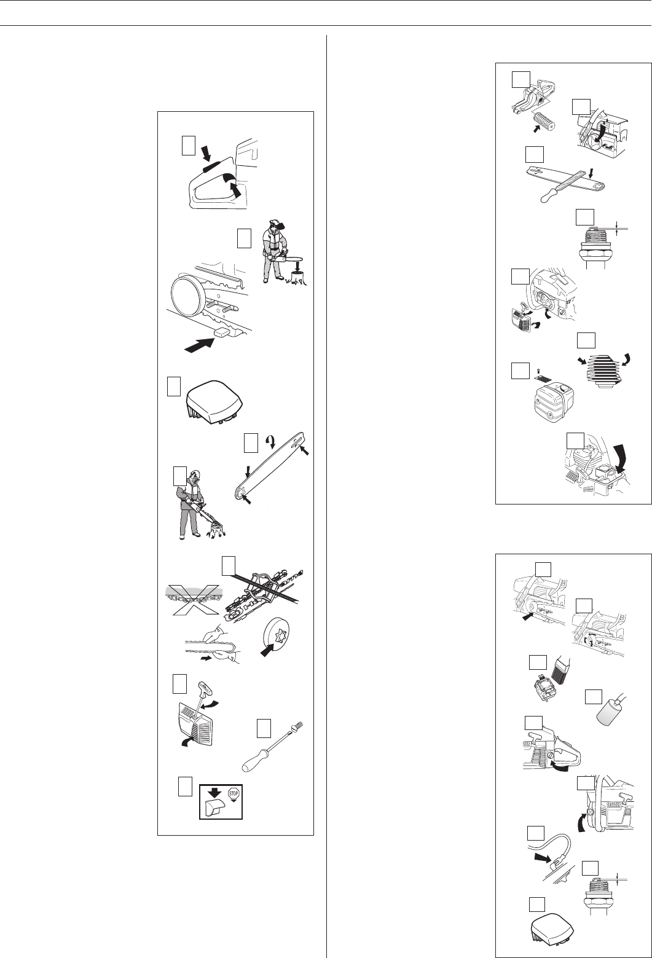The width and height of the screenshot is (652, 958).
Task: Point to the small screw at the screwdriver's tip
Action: (299, 726)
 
